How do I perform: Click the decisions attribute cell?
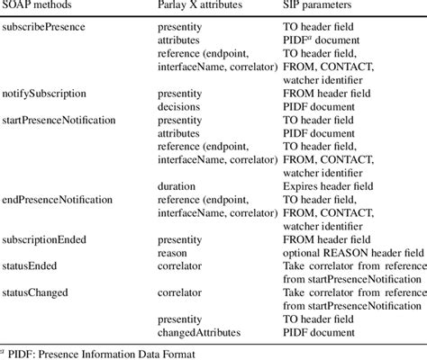coord(178,105)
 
